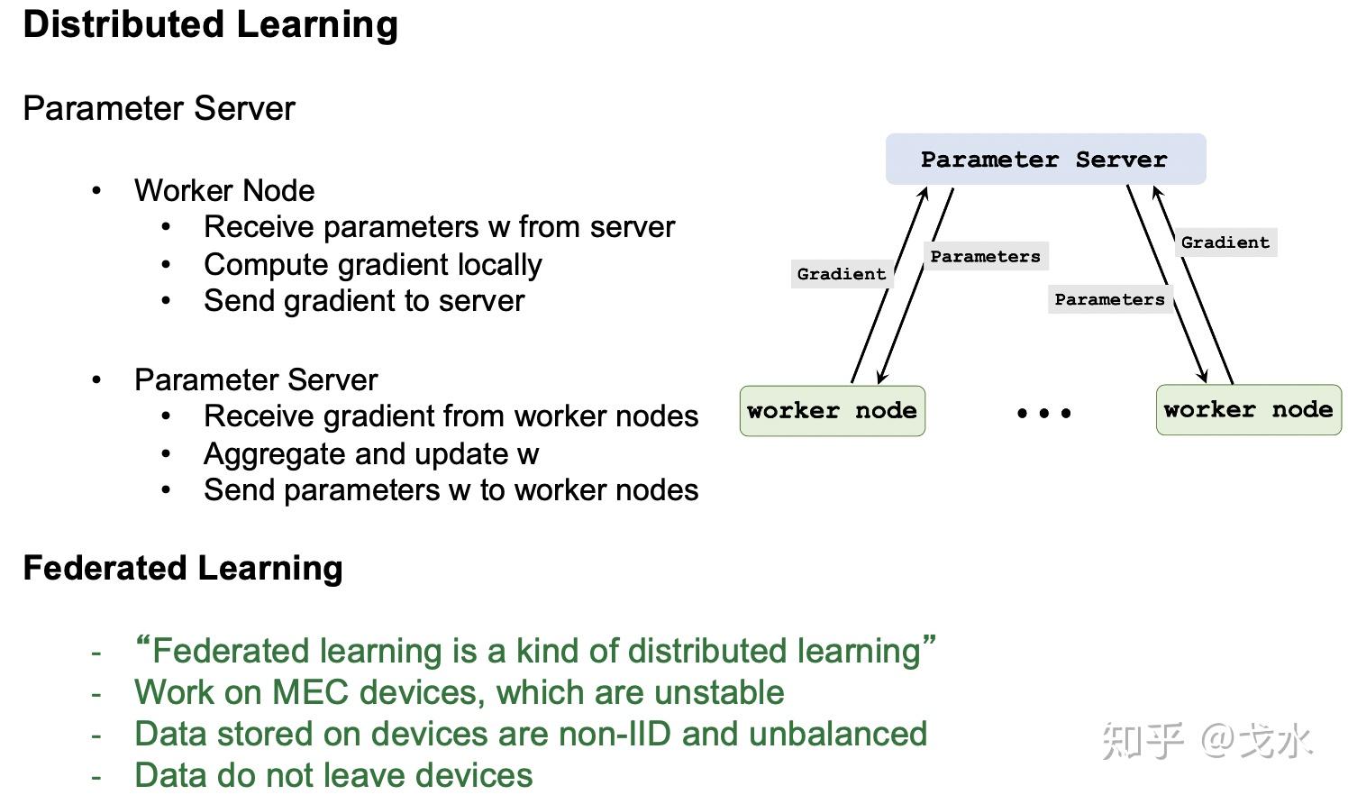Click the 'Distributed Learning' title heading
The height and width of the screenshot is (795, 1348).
pyautogui.click(x=210, y=24)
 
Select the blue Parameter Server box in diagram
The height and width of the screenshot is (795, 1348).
pyautogui.click(x=1044, y=160)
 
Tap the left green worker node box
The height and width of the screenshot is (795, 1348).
pyautogui.click(x=832, y=411)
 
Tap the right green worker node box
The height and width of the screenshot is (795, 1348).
pyautogui.click(x=1248, y=410)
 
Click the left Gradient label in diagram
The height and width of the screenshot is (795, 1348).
pyautogui.click(x=842, y=274)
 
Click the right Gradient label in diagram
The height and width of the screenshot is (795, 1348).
pyautogui.click(x=1225, y=242)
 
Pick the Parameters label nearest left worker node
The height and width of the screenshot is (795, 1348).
pyautogui.click(x=985, y=257)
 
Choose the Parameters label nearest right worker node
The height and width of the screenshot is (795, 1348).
pyautogui.click(x=1109, y=299)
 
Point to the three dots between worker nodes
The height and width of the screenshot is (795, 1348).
pyautogui.click(x=1043, y=413)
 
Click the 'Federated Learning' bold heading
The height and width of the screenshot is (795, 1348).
pyautogui.click(x=183, y=569)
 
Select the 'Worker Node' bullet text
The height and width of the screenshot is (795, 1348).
pyautogui.click(x=224, y=191)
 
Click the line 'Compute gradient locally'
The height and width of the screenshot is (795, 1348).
pyautogui.click(x=372, y=265)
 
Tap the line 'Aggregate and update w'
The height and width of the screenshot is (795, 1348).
pyautogui.click(x=370, y=454)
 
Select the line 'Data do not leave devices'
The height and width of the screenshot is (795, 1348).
pyautogui.click(x=333, y=775)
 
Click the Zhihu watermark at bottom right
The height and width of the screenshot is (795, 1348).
pyautogui.click(x=1207, y=741)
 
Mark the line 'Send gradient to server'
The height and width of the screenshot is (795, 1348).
pyautogui.click(x=363, y=301)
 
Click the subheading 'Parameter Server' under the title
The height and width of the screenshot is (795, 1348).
pyautogui.click(x=159, y=109)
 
